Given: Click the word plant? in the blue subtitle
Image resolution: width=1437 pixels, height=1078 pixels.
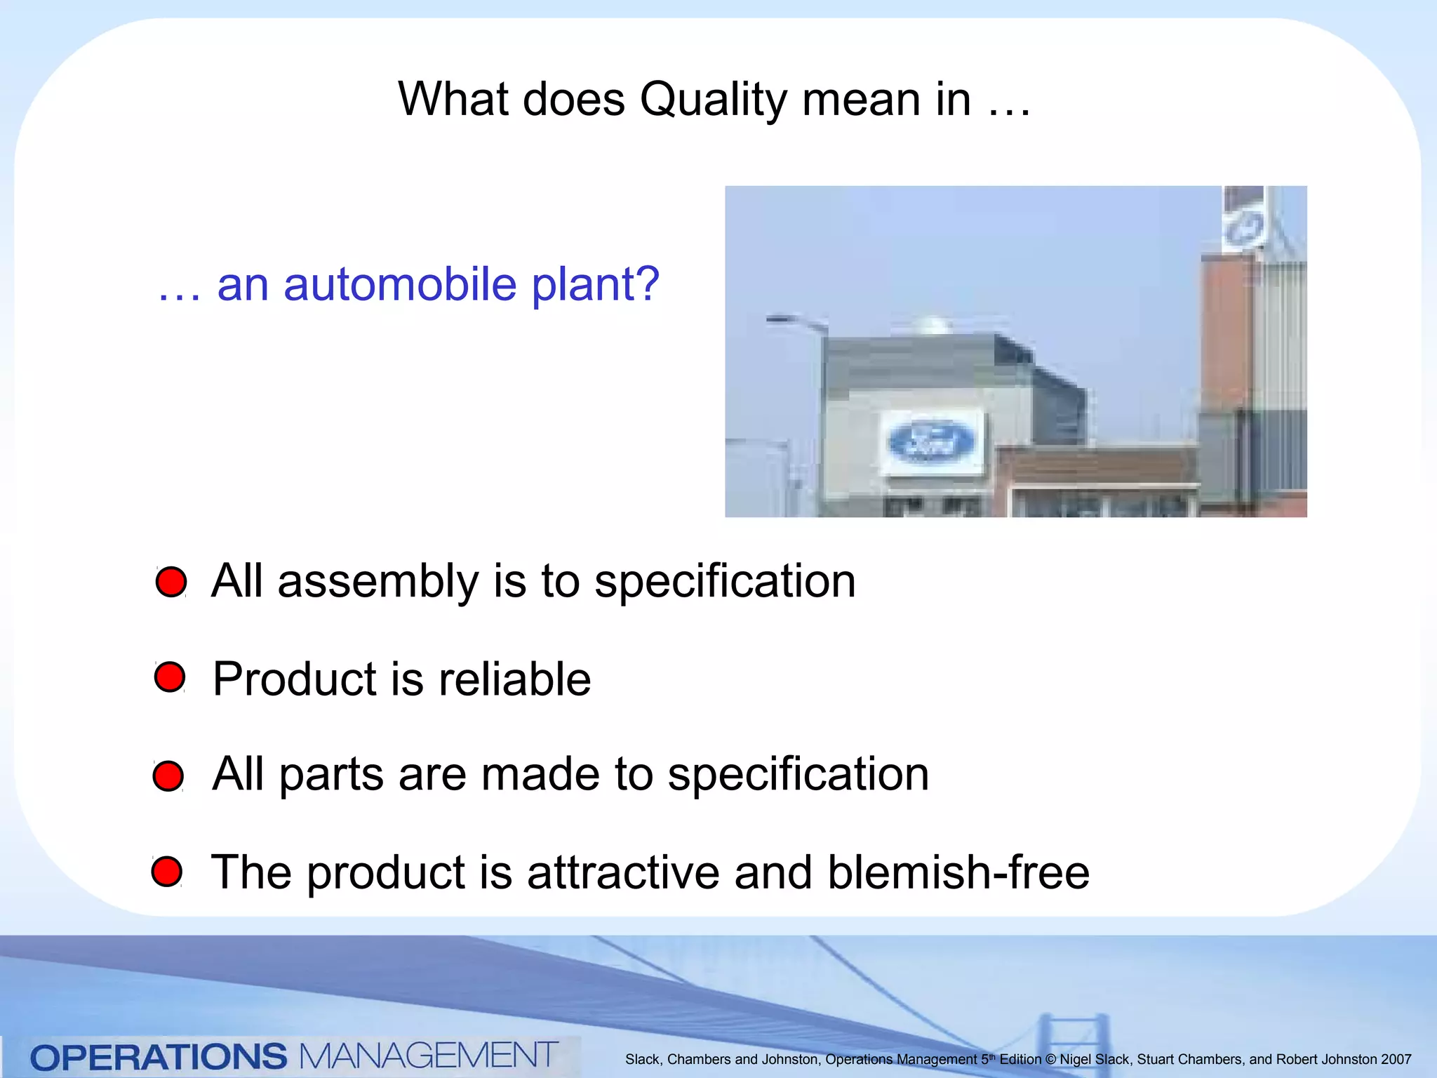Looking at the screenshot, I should pos(595,286).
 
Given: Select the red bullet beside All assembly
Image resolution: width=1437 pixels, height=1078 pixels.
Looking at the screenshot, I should pos(171,582).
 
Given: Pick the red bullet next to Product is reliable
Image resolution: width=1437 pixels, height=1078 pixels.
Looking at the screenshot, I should pos(170,677).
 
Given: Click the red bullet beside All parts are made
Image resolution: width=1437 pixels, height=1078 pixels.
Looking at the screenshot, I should pos(168,776).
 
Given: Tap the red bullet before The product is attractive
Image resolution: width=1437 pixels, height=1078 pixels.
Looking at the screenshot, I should pos(167,871).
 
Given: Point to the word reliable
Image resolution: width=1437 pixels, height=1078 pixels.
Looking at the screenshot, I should pos(514,679).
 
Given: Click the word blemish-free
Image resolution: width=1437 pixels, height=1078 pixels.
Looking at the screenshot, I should pos(958,872).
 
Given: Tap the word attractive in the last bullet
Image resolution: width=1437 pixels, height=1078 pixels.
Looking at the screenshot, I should pos(623,872).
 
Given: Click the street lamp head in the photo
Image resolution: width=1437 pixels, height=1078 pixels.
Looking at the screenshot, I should pos(780,320).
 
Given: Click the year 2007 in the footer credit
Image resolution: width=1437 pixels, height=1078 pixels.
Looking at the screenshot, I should pos(1396,1059).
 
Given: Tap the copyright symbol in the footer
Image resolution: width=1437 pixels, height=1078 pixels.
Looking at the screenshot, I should pos(1050,1059).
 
